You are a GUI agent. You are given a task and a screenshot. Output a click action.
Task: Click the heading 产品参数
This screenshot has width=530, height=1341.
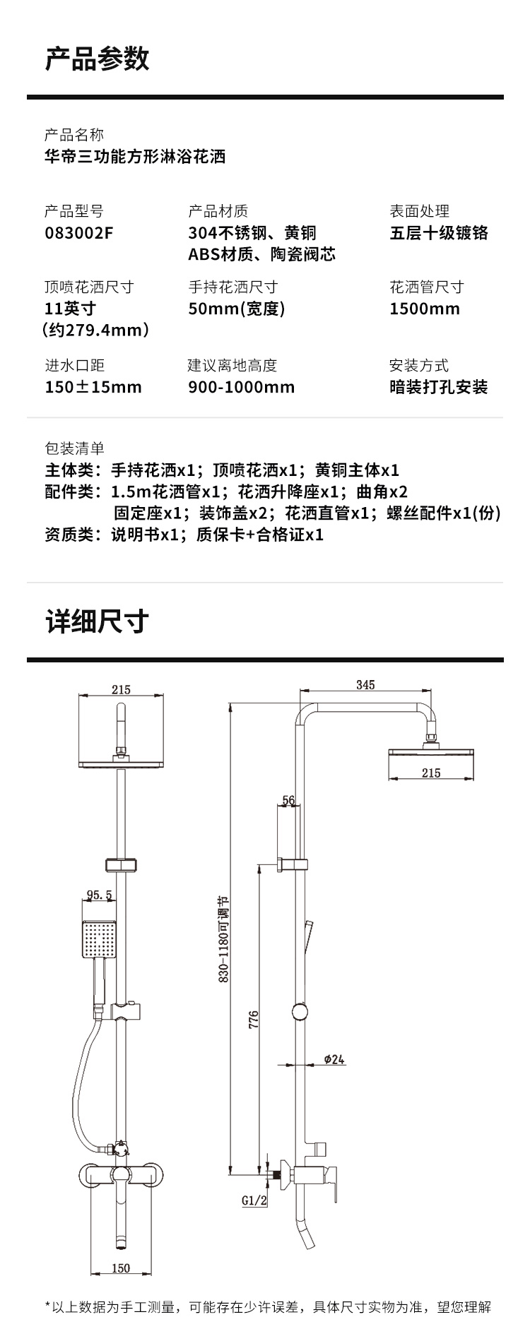click(x=98, y=59)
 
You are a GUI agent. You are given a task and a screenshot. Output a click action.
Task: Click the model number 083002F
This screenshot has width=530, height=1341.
click(x=78, y=232)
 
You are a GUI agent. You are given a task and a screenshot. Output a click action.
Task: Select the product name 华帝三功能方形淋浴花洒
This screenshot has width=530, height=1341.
click(x=135, y=156)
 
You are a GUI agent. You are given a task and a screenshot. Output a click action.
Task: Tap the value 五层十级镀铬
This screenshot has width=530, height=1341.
click(x=439, y=232)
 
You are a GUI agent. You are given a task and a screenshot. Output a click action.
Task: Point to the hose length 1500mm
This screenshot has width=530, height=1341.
click(x=425, y=309)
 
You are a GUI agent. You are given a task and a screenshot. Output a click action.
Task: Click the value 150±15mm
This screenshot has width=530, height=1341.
click(x=93, y=387)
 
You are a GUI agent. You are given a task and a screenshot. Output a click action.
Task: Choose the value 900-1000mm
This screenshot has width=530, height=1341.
click(x=242, y=387)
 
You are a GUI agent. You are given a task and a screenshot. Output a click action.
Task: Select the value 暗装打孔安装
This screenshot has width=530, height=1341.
click(x=439, y=387)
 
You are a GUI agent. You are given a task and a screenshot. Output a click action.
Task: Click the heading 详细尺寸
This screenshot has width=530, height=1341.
click(x=98, y=621)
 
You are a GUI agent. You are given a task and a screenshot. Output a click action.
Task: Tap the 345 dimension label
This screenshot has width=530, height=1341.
click(x=365, y=685)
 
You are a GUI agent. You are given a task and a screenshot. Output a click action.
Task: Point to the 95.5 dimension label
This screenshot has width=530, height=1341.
click(x=100, y=895)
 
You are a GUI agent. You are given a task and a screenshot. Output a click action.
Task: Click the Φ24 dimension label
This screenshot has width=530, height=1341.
click(x=334, y=1059)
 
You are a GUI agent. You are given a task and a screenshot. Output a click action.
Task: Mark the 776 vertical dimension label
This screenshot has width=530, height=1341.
click(x=254, y=1018)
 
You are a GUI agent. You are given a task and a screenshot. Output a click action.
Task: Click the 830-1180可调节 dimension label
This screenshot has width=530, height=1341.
click(x=223, y=939)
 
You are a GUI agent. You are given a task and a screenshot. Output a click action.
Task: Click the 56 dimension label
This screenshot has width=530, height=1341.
click(x=288, y=800)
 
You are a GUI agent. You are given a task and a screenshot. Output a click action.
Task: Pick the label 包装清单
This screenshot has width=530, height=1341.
click(x=74, y=448)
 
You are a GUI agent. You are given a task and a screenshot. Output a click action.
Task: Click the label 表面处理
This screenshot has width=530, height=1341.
click(x=419, y=211)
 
